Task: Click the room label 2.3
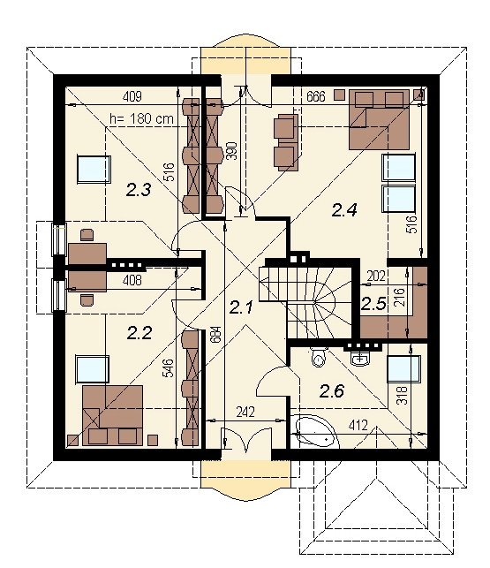pos(139,190)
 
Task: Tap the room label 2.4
pos(344,210)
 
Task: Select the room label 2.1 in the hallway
pos(241,307)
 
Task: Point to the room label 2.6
pos(332,390)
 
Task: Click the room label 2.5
pos(373,304)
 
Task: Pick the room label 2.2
pos(139,332)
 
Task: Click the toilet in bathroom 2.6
pos(319,357)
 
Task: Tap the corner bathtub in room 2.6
pos(315,432)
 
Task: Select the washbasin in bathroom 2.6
pos(360,359)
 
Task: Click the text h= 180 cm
pos(141,119)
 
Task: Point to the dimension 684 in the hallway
pos(216,337)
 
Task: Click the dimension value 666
pos(316,96)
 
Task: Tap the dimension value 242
pos(245,413)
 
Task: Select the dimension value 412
pos(358,425)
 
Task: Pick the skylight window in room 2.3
pos(94,170)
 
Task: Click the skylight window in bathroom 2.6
pos(403,368)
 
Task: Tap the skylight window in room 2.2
pos(93,369)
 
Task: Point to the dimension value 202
pos(375,276)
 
